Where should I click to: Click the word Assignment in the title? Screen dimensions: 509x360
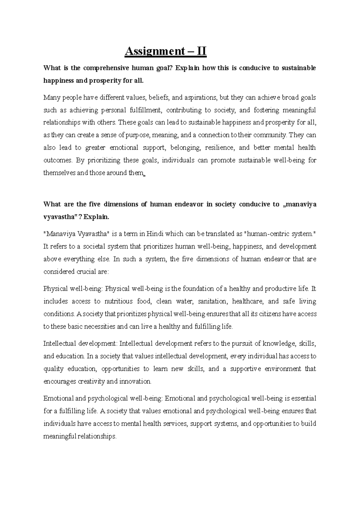point(151,52)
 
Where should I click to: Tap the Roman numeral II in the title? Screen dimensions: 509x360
point(201,52)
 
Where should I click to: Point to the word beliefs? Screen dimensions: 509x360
point(160,98)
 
